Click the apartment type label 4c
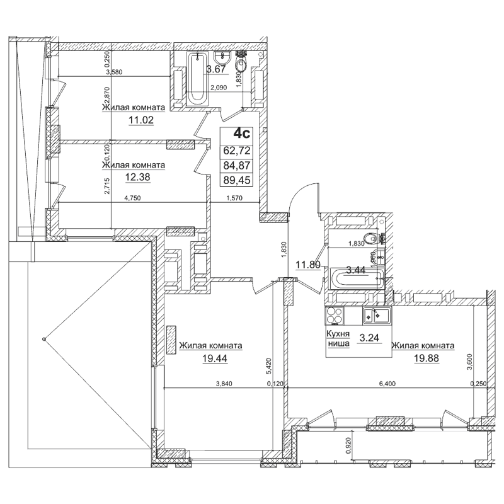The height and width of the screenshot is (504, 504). click(x=242, y=134)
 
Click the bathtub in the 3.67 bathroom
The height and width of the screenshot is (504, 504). click(x=197, y=83)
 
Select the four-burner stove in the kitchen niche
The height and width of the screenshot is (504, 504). click(x=335, y=315)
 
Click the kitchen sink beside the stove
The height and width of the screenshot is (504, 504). click(x=377, y=315)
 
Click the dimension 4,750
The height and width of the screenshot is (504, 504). click(x=132, y=197)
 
